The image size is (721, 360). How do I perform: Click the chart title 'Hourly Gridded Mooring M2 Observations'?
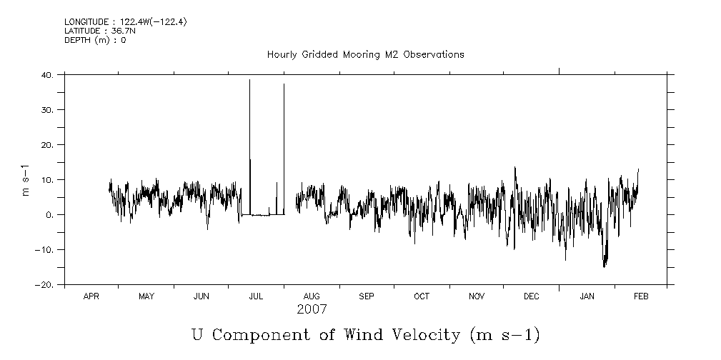(365, 54)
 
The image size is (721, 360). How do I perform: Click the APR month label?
(91, 296)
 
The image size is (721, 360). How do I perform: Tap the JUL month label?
(256, 296)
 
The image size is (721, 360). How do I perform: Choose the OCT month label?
(422, 296)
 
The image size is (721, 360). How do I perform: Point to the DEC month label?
(532, 296)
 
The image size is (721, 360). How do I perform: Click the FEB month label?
(641, 296)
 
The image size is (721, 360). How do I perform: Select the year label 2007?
(312, 309)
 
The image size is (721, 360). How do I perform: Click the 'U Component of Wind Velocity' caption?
(365, 334)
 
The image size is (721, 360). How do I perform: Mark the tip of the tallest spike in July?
(249, 80)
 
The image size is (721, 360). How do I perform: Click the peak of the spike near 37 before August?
(284, 84)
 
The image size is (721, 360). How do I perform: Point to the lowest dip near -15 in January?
(605, 266)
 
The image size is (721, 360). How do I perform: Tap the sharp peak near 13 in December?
(515, 167)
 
